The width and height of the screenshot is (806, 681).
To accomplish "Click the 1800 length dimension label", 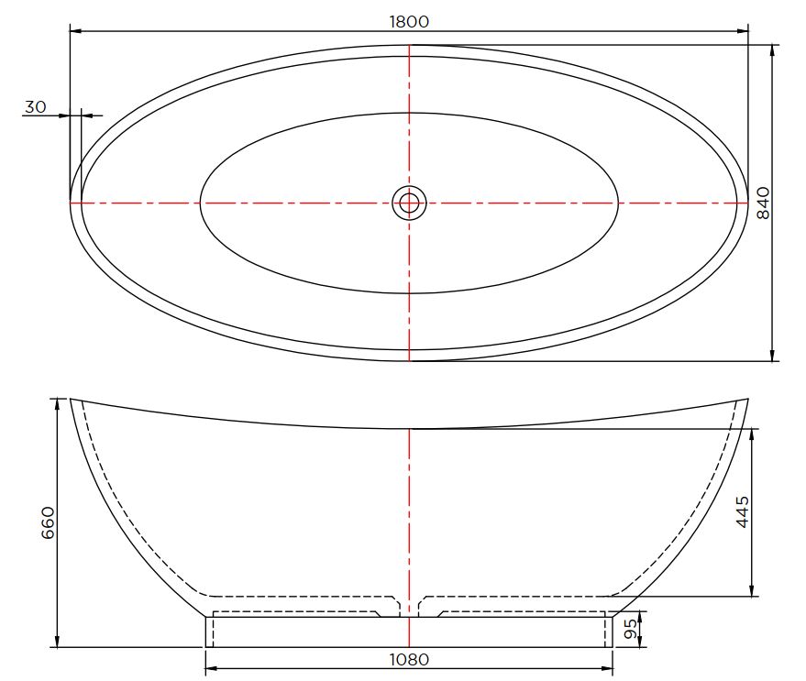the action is pos(409,22).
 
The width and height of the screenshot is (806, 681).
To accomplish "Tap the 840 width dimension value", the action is pos(764,203).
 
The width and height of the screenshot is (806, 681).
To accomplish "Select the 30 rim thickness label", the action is pos(36,107).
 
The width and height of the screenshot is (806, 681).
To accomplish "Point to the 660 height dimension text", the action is pos(48,522).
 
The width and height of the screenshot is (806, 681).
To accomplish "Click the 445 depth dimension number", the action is pos(742,511).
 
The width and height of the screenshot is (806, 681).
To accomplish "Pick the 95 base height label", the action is pos(630,629).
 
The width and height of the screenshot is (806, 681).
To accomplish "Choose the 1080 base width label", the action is pos(409,659).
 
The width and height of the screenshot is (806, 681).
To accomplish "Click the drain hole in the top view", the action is pos(409,203).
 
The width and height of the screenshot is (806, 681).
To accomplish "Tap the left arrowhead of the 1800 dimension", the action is pos(75,31).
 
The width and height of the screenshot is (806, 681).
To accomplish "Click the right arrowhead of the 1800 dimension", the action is pos(742,31).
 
